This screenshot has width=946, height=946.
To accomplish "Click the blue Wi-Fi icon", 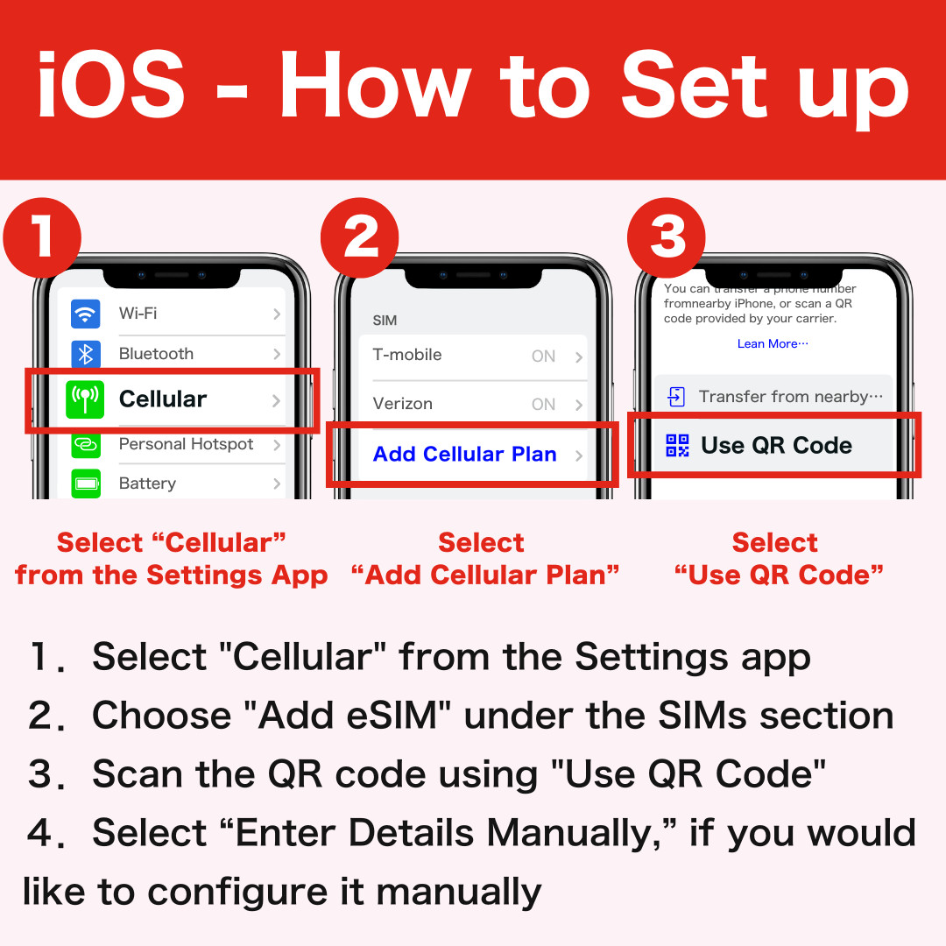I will [86, 314].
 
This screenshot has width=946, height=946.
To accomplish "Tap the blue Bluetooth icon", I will [86, 354].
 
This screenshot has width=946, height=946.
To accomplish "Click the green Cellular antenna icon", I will [85, 399].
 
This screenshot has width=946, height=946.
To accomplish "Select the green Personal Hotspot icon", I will [86, 445].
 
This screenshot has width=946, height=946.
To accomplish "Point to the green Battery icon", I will [86, 484].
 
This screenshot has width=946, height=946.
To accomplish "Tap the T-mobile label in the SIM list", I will [407, 355].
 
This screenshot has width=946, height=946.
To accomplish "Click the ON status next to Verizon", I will [543, 404].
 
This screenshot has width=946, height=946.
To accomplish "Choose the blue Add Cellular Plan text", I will [464, 454].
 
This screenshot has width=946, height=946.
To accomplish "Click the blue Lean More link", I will [772, 344].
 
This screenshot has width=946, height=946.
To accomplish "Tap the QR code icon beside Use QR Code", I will [677, 446].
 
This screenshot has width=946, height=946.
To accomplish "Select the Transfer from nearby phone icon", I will [676, 397].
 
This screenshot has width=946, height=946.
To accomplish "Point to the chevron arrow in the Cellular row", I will [276, 400].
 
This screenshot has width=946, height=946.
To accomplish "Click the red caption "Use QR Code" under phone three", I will [779, 575].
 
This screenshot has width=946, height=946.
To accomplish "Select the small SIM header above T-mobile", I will [385, 321].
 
